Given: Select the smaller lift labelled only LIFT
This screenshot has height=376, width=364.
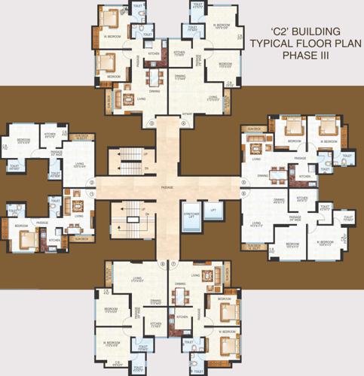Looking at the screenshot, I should (x=214, y=210).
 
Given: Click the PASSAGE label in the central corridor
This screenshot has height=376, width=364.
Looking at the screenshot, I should (x=167, y=187).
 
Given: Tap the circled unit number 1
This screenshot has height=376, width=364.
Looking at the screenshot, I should (x=92, y=194).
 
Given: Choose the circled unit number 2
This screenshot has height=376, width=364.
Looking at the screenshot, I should (x=92, y=182).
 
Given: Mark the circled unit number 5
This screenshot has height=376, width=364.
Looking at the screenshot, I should (x=243, y=181).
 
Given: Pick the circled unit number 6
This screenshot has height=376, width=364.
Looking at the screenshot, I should (x=243, y=194).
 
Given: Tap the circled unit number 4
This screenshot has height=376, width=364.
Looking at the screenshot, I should (x=184, y=123).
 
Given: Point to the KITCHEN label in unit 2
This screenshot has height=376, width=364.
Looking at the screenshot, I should (x=50, y=135).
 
